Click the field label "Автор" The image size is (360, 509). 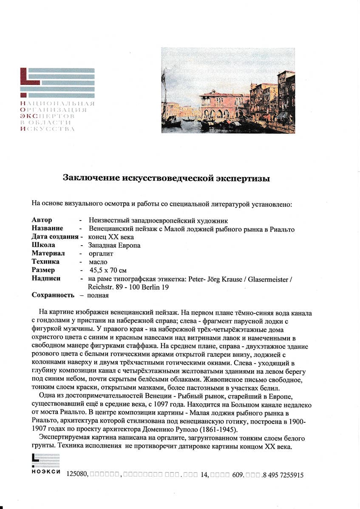(42, 221)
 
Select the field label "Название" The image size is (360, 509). (47, 229)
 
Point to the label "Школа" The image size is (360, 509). (43, 245)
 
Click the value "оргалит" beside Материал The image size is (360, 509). (100, 254)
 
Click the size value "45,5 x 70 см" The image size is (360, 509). (108, 270)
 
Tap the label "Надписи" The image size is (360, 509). (46, 278)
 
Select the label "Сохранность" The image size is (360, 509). (53, 295)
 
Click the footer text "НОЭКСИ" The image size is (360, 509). (46, 473)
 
